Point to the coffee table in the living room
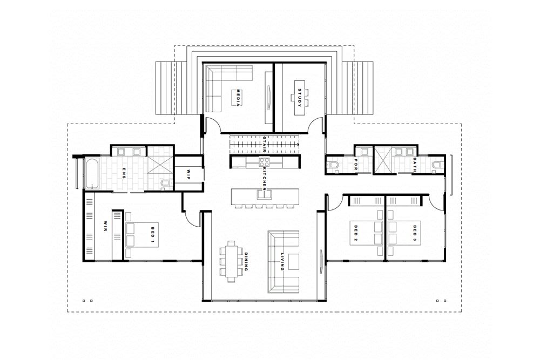click(294, 261)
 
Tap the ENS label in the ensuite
click(124, 173)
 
